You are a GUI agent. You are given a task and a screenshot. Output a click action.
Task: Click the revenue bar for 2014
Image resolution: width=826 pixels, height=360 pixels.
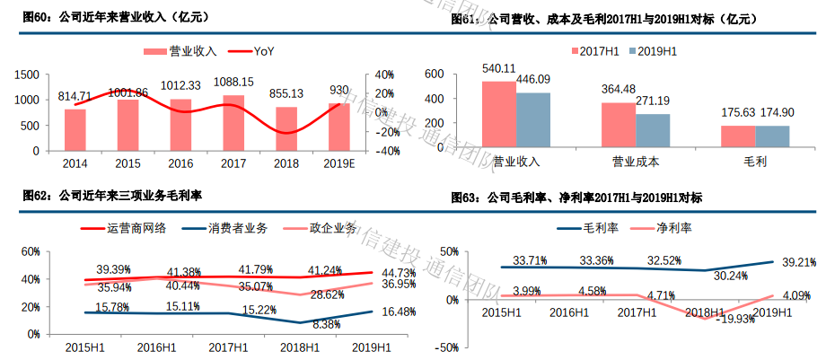(75, 129)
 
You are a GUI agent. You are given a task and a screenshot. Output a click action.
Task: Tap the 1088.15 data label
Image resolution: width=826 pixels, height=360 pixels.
(233, 82)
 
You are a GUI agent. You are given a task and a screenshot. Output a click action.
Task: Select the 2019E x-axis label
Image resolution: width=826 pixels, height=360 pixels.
(339, 163)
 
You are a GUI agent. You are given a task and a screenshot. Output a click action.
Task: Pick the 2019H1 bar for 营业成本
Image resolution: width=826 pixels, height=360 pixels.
(653, 132)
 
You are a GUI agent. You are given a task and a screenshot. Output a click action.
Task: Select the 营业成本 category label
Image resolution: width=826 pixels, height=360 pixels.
(636, 162)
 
